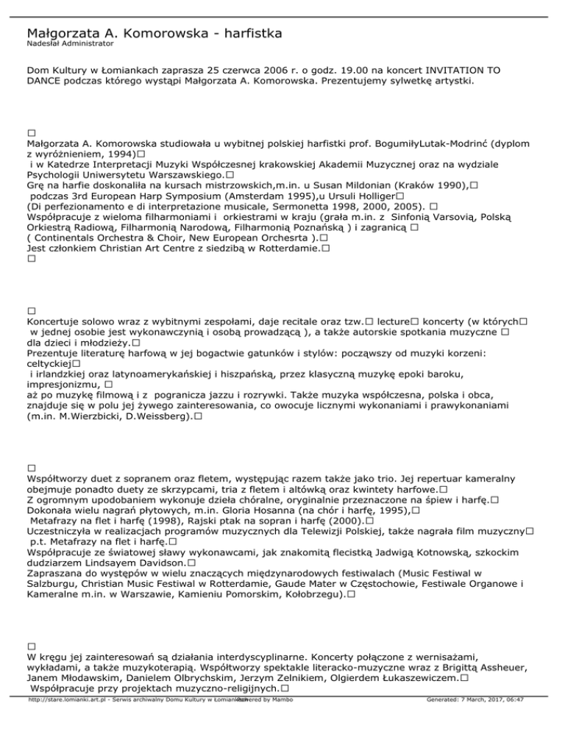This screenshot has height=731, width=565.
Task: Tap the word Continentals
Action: coord(71,239)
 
